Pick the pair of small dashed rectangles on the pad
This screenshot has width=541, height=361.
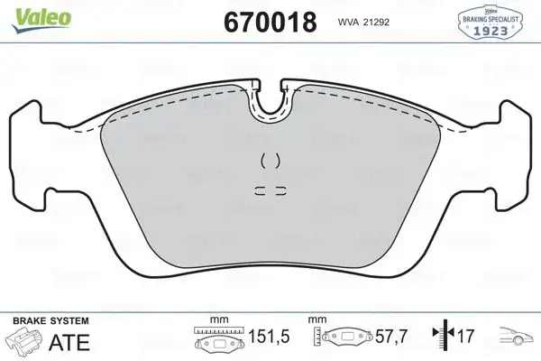coord(270,190)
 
